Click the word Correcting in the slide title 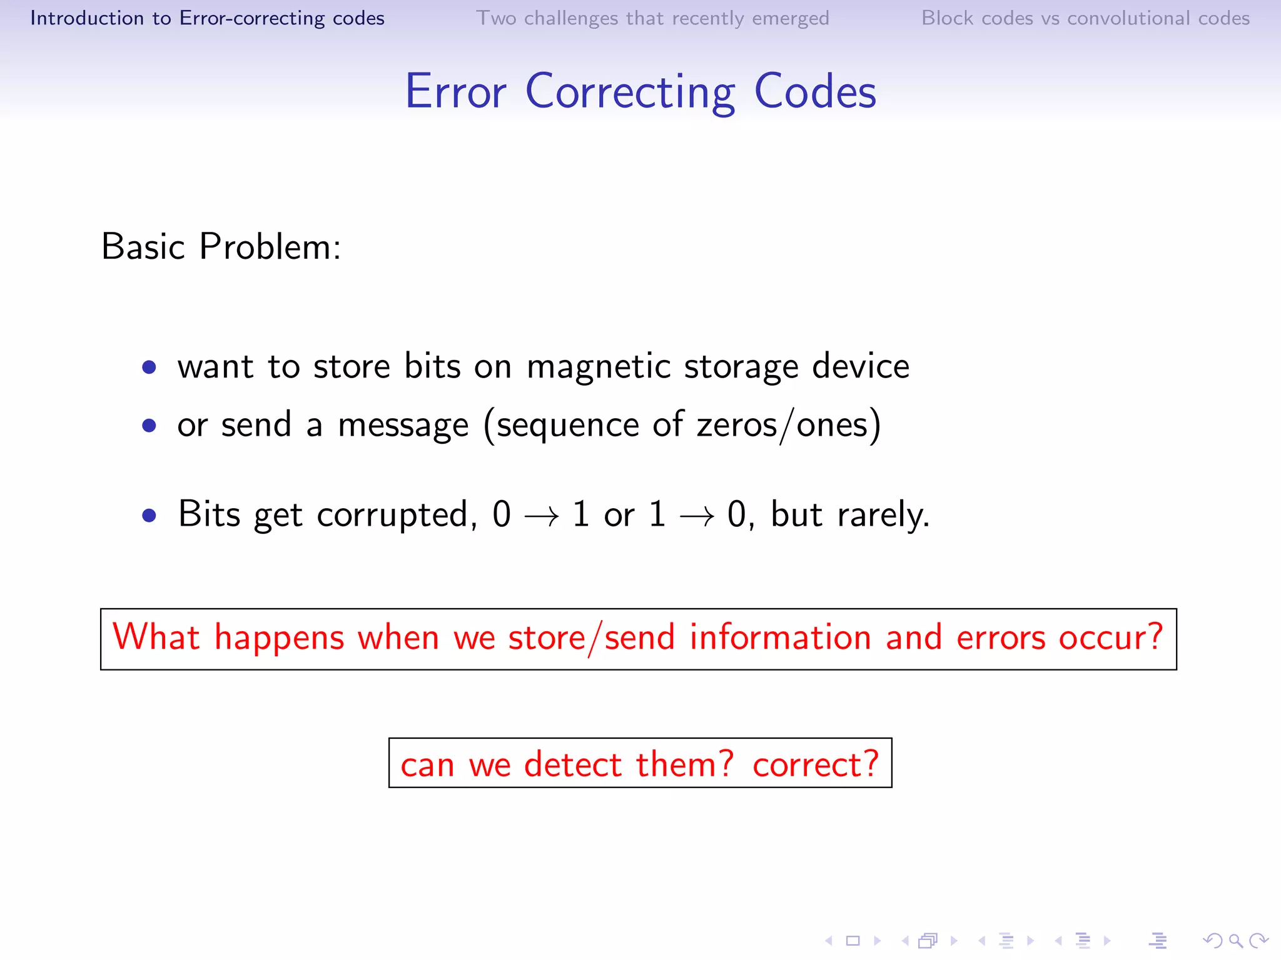630,92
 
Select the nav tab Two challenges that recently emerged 652,18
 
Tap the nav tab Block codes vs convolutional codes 1085,18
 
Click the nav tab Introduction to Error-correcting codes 207,18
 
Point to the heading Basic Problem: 221,247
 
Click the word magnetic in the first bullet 599,367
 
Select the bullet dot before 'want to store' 149,367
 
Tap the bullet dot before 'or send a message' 149,426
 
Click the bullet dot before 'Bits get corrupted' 149,516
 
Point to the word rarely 883,516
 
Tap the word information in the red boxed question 780,638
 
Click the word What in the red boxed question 156,638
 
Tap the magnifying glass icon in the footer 1235,941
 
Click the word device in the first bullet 860,367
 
